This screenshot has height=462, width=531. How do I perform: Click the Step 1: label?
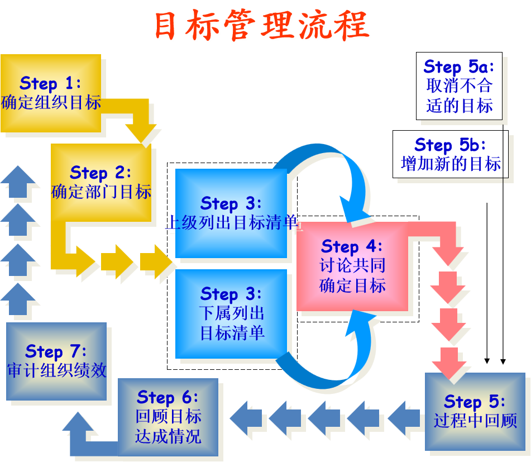pyautogui.click(x=50, y=83)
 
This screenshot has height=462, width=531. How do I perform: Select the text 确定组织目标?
pyautogui.click(x=51, y=103)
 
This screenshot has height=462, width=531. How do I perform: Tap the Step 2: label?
pyautogui.click(x=101, y=172)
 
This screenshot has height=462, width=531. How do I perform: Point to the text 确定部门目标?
pyautogui.click(x=101, y=192)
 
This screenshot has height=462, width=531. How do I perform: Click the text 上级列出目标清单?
pyautogui.click(x=232, y=222)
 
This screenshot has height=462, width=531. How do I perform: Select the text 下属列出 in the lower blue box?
pyautogui.click(x=232, y=313)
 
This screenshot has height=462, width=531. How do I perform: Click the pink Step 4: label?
pyautogui.click(x=352, y=246)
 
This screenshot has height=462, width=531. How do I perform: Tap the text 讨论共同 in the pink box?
pyautogui.click(x=352, y=265)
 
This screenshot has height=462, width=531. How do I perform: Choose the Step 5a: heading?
pyautogui.click(x=459, y=66)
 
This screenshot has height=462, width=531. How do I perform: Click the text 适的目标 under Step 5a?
pyautogui.click(x=459, y=105)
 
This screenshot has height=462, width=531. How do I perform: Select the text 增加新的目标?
pyautogui.click(x=451, y=164)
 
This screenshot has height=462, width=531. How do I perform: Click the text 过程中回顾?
pyautogui.click(x=475, y=421)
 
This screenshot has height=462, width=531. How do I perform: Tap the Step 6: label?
pyautogui.click(x=168, y=397)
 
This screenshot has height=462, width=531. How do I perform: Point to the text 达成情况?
pyautogui.click(x=168, y=436)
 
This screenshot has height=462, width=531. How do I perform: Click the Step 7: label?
pyautogui.click(x=56, y=351)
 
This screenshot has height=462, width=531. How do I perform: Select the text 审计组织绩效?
pyautogui.click(x=56, y=370)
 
